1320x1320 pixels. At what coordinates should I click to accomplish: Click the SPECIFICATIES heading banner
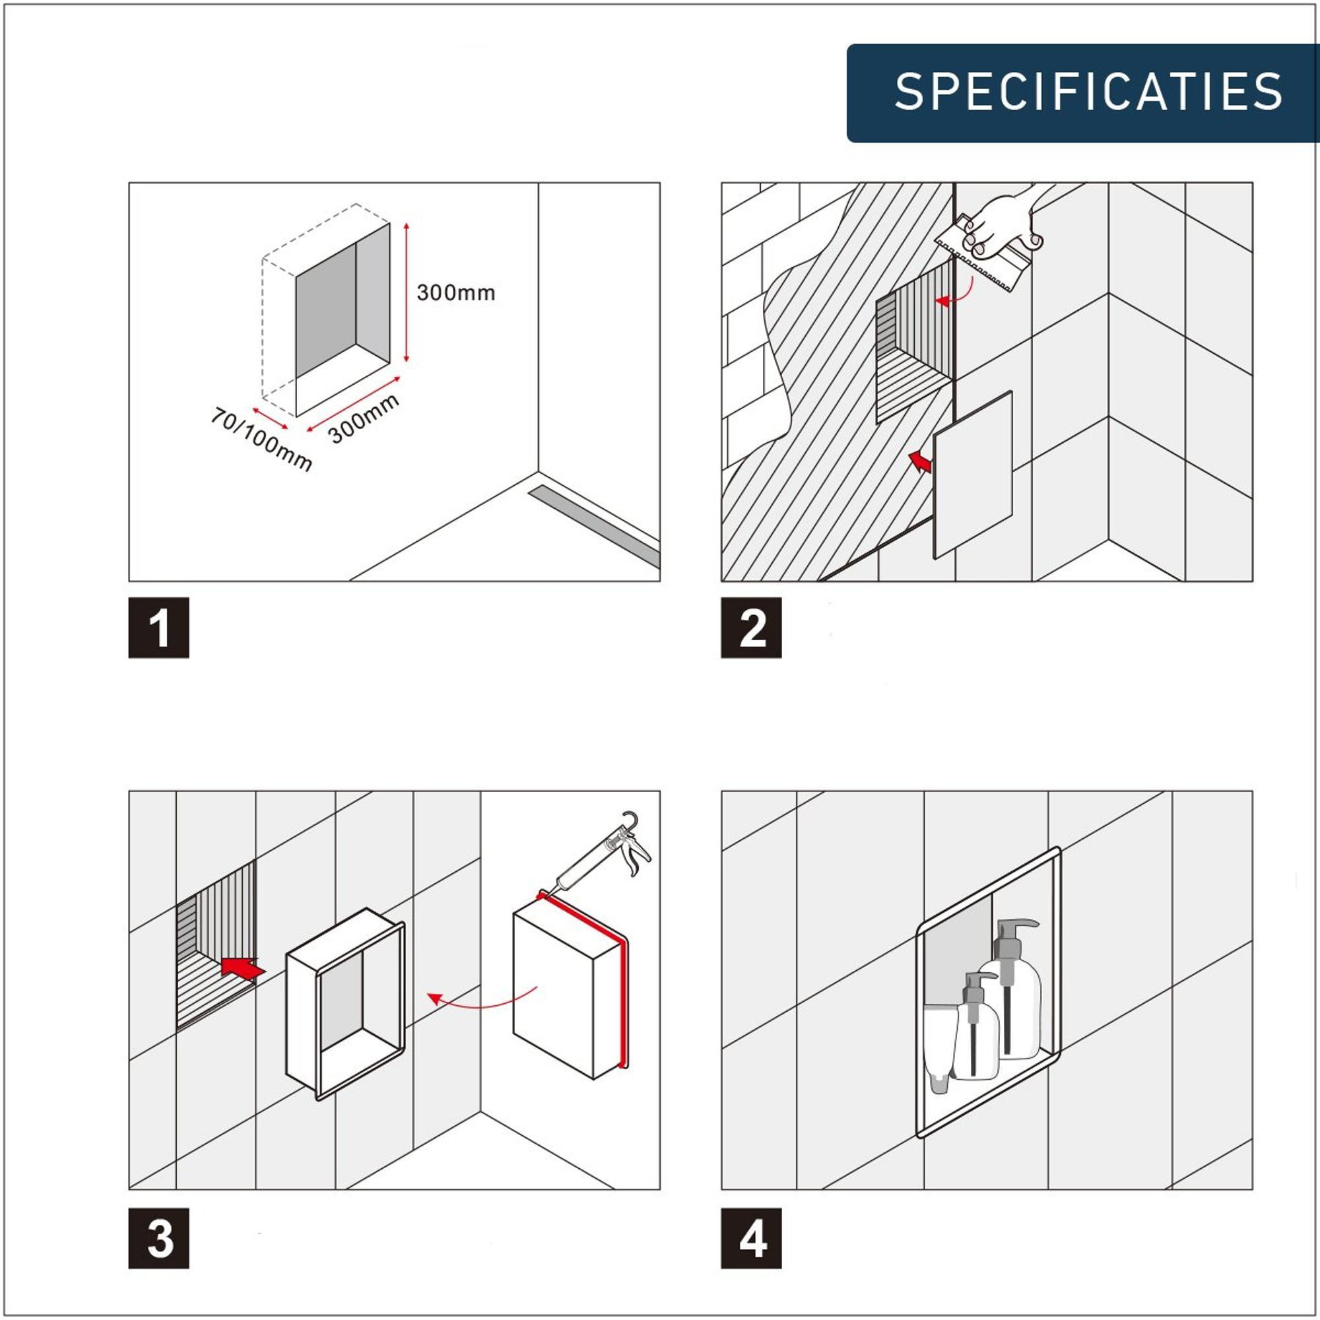point(1083,93)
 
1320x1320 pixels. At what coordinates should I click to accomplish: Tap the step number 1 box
point(158,628)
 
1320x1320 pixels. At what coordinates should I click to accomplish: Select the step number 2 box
point(752,628)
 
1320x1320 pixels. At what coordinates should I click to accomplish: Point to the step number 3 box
point(158,1238)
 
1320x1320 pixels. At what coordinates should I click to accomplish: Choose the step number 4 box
point(752,1238)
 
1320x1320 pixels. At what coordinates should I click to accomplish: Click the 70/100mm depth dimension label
point(261,440)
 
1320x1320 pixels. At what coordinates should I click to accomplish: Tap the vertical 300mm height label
point(455,293)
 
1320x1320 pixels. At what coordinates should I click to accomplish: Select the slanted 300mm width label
point(364,419)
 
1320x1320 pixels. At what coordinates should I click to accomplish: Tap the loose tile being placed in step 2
point(972,474)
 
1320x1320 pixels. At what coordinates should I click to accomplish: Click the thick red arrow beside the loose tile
point(919,462)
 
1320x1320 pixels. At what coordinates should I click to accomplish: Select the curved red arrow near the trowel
point(956,297)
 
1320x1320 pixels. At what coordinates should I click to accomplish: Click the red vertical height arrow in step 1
point(407,292)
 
